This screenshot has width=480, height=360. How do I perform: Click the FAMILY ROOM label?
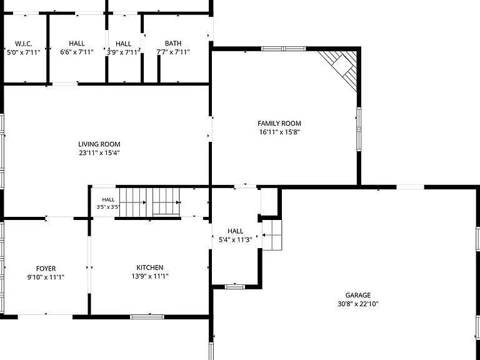279,123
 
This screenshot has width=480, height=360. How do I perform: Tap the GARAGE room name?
358,295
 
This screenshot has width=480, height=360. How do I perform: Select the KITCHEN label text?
150,267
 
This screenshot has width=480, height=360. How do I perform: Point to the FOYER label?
46,269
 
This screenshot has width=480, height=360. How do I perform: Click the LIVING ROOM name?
99,144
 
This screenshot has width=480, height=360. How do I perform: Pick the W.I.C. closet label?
24,44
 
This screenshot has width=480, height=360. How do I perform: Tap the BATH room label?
173,43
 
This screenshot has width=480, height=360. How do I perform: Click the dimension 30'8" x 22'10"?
358,304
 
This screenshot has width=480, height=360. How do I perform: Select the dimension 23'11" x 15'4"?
99,152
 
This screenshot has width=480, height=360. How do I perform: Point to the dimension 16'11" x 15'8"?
279,132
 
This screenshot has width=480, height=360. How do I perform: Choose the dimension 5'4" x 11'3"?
236,240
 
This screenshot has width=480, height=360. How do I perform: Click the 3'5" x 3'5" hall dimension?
108,207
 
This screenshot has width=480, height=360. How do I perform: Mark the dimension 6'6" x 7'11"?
76,52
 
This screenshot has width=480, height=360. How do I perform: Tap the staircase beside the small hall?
150,202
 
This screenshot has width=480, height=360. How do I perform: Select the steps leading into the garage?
272,235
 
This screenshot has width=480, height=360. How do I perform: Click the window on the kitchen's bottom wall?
147,317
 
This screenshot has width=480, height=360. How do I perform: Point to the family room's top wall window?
284,49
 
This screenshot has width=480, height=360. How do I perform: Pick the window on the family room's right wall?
359,129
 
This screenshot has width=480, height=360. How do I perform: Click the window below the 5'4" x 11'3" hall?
235,287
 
